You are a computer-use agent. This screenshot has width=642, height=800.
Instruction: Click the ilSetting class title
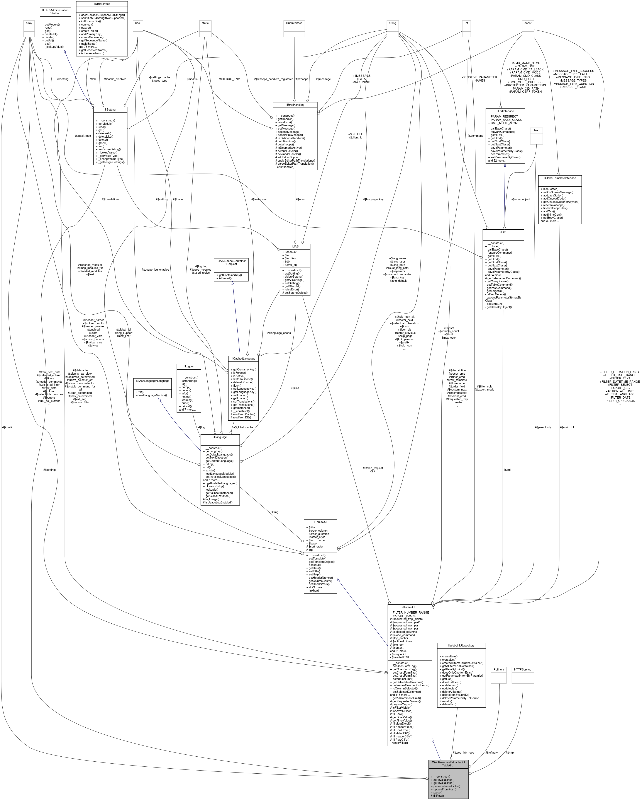[x=110, y=110]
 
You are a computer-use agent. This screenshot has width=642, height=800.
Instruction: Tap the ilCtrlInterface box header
[x=505, y=111]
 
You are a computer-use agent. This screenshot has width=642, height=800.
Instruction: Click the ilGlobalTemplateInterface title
[x=560, y=178]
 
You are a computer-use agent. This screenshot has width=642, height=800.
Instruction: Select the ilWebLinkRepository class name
[x=461, y=646]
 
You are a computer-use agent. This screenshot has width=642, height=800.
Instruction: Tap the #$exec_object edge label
[x=520, y=199]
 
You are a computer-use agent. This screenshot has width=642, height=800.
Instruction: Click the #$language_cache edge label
[x=279, y=333]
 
